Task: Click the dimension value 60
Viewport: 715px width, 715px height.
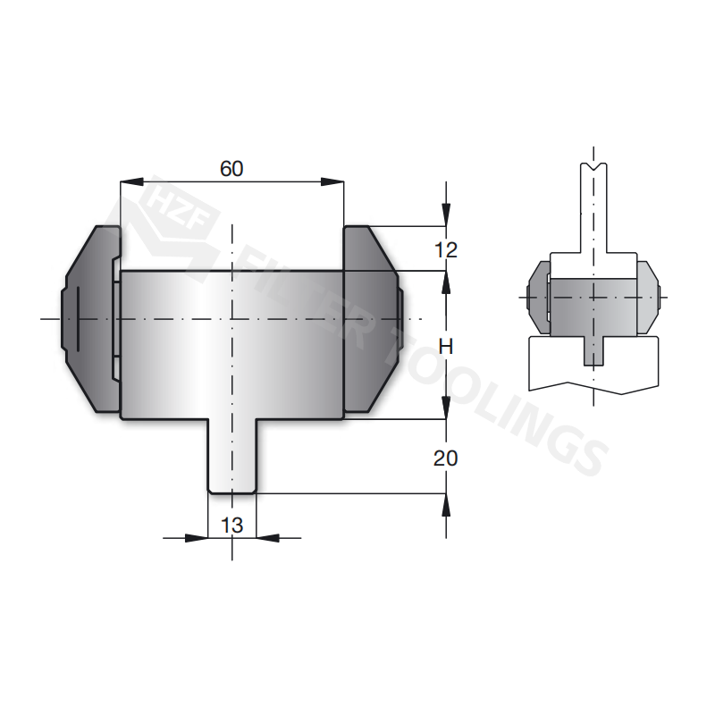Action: tap(231, 168)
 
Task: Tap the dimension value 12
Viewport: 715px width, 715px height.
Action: tap(445, 250)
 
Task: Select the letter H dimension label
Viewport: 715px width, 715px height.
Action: tap(446, 346)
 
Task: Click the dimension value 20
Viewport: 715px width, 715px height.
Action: tap(445, 458)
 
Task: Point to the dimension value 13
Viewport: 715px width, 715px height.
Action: tap(231, 526)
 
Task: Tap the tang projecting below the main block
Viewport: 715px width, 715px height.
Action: tap(231, 456)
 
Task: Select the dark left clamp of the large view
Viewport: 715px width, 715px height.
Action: tap(89, 317)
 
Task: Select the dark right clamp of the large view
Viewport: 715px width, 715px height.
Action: tap(371, 317)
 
